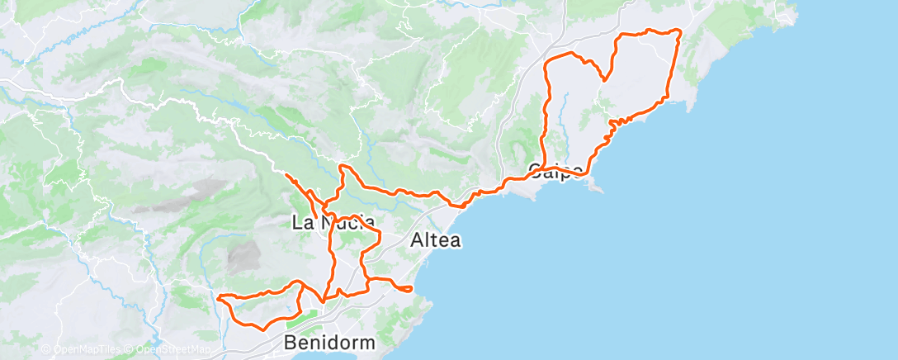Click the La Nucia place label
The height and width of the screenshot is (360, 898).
coord(333,222)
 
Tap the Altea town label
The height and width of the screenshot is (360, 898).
coord(435,241)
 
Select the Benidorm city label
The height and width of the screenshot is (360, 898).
coord(329,342)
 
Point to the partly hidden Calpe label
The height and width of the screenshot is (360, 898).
coord(556,172)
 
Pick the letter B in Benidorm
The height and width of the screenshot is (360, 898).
coord(291,342)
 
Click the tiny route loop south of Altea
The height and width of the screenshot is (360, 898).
coord(404,288)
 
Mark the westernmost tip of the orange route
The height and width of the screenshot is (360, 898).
coord(218,297)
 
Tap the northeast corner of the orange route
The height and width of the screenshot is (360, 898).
coord(678,31)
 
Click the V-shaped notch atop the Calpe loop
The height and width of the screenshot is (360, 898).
coord(605,79)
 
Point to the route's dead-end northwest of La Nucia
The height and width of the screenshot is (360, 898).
coord(286,175)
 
